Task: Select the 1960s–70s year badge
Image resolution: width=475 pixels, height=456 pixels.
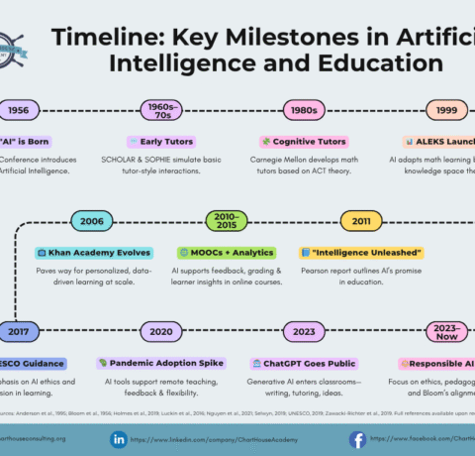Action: click(158, 111)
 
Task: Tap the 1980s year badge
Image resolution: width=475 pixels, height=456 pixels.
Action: click(304, 111)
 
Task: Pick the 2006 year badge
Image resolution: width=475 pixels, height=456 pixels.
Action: click(92, 221)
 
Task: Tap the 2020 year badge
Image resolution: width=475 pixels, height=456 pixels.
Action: click(161, 331)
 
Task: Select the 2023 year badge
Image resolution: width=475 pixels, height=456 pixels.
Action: click(304, 331)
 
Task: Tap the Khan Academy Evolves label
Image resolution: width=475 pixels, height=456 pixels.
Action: click(93, 253)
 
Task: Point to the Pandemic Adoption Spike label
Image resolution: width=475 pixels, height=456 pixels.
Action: click(161, 364)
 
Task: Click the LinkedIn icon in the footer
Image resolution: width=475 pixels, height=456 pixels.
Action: click(119, 438)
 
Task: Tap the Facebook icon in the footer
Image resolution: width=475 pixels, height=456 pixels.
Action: click(357, 438)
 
